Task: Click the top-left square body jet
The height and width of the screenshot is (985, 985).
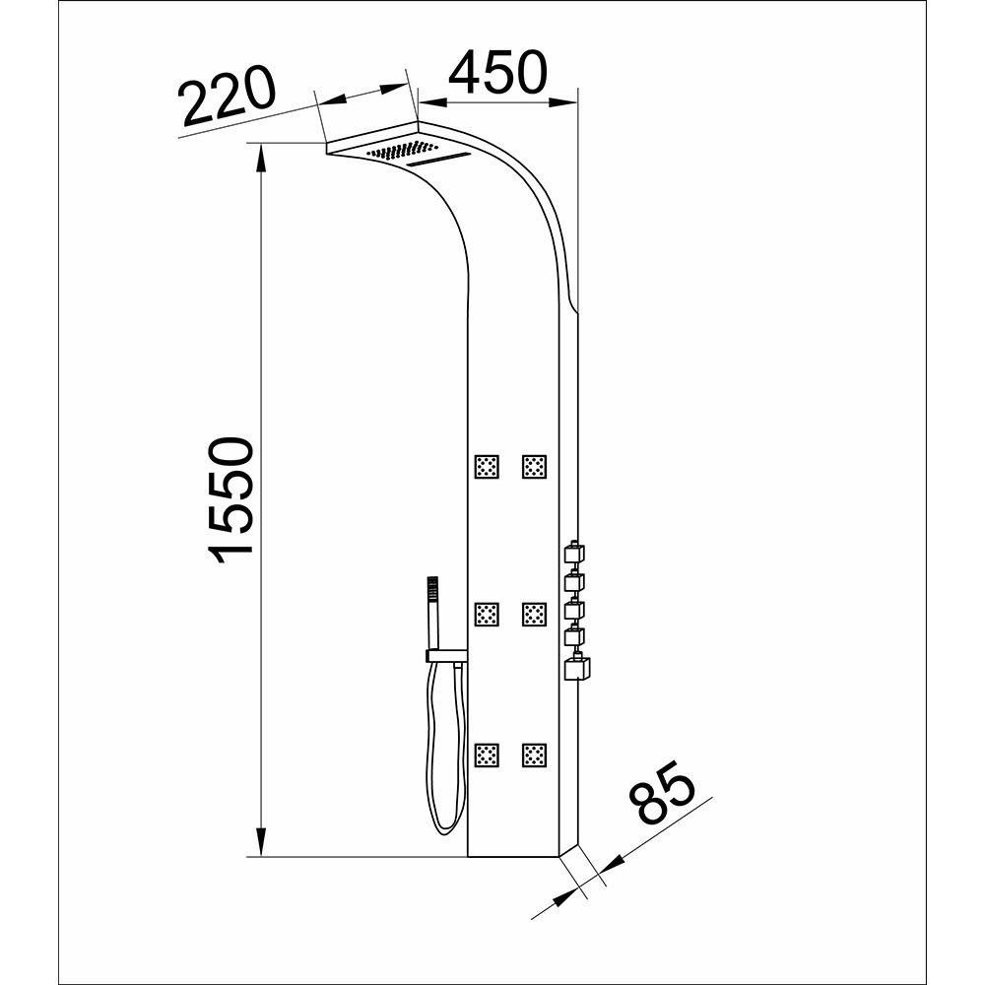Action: (488, 466)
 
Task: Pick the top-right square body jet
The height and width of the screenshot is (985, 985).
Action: (535, 466)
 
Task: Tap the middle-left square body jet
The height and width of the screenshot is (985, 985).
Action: (488, 615)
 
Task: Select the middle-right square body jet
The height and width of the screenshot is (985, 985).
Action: (535, 615)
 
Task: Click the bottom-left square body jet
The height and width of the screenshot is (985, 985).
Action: (488, 755)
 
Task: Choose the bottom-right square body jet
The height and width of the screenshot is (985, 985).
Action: (535, 755)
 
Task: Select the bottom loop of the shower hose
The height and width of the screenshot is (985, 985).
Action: (445, 827)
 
